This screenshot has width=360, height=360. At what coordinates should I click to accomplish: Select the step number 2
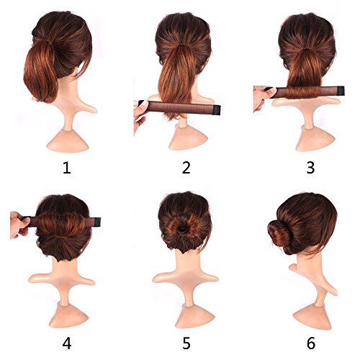click(x=186, y=168)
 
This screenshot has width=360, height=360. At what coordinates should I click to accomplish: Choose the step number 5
click(x=186, y=337)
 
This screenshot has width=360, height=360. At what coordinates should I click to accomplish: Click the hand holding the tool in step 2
click(x=140, y=115)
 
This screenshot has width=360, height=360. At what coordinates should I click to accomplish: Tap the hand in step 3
click(x=261, y=97)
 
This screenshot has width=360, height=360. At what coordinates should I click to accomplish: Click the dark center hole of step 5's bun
click(x=184, y=229)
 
